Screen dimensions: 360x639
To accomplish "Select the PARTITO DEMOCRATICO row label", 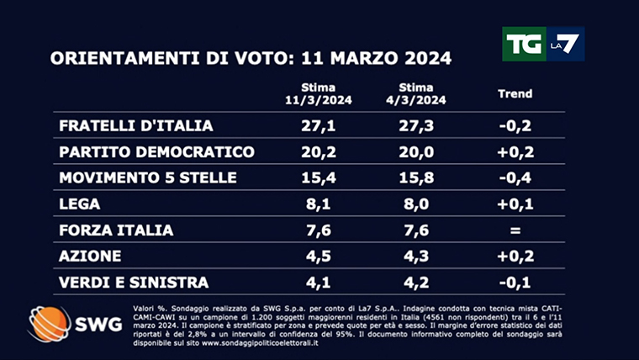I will (156, 152).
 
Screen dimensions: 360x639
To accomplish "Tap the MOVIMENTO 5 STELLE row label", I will (148, 178).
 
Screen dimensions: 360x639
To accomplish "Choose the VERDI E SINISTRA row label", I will (134, 283).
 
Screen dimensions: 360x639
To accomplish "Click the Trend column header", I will (515, 93).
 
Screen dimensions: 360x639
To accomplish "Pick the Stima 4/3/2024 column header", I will (416, 93).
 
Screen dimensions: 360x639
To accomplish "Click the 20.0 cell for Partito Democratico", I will (416, 152).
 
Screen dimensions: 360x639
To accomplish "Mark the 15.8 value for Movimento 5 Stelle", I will (416, 178).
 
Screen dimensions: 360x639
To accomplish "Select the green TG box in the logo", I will (521, 44).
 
